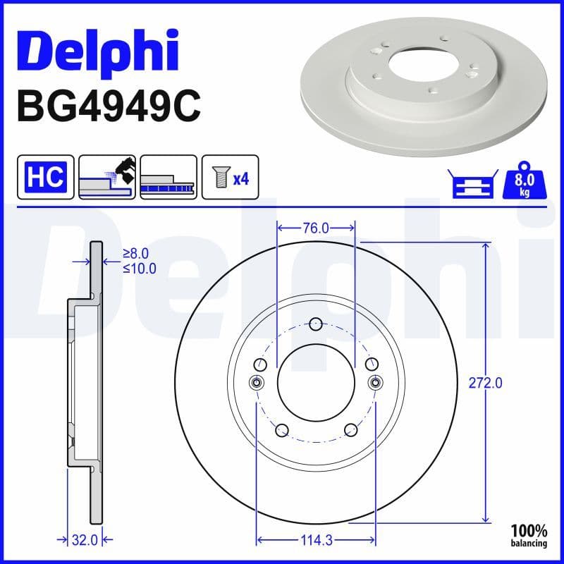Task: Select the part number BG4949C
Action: pyautogui.click(x=109, y=107)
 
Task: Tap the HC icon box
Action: pyautogui.click(x=45, y=176)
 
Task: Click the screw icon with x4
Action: pyautogui.click(x=231, y=176)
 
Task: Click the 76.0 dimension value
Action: pyautogui.click(x=316, y=228)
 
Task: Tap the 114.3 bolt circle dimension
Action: pyautogui.click(x=316, y=541)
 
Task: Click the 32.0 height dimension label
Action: pyautogui.click(x=84, y=541)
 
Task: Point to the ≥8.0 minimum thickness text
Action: pyautogui.click(x=135, y=254)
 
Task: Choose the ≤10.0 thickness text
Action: pyautogui.click(x=139, y=268)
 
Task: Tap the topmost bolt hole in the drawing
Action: pyautogui.click(x=316, y=324)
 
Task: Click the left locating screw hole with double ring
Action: pyautogui.click(x=257, y=383)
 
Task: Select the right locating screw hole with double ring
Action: pyautogui.click(x=375, y=383)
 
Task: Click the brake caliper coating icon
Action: pyautogui.click(x=106, y=176)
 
